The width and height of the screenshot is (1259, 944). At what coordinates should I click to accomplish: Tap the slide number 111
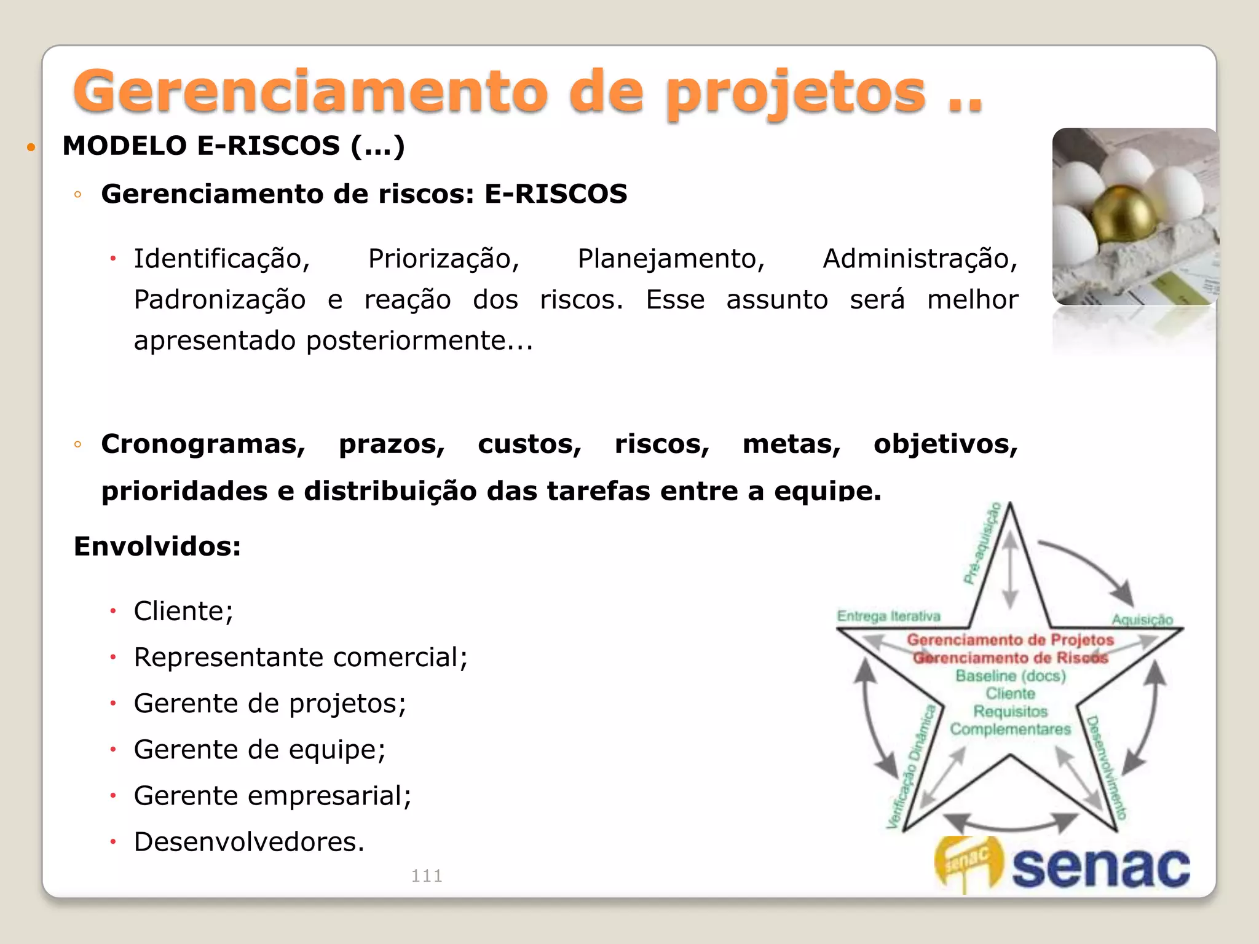point(427,876)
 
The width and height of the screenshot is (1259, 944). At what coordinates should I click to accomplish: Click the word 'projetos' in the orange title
point(796,93)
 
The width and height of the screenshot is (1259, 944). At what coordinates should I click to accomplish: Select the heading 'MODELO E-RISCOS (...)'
point(234,146)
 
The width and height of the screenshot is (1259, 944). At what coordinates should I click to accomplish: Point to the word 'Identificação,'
point(222,259)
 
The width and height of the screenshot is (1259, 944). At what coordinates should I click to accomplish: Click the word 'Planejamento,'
point(671,259)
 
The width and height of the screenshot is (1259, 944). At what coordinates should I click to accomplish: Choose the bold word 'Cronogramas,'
point(203,444)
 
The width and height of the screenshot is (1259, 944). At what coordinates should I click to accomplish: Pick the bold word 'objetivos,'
point(945,444)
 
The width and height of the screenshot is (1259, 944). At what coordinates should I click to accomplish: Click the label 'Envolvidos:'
point(157,546)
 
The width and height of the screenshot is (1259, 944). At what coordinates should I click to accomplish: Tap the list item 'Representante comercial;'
point(301,658)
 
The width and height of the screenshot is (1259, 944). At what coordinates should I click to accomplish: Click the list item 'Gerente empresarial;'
point(272,796)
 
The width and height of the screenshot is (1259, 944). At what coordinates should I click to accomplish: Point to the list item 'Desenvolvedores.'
point(249,842)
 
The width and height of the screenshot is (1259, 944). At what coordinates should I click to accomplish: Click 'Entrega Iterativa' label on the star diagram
point(888,616)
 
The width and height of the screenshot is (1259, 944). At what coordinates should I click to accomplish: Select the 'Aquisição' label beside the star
point(1142,619)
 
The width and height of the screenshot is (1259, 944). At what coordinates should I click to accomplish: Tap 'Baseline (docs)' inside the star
point(1011,676)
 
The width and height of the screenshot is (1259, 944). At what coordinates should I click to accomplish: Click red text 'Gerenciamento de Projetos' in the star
point(1011,640)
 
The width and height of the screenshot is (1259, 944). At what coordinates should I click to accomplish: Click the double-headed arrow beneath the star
point(1011,824)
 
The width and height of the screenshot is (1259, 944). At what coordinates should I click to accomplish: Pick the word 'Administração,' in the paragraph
point(920,259)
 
